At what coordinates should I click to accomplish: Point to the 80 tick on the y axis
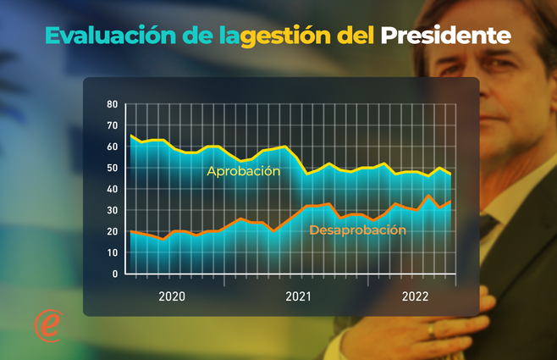click(112, 104)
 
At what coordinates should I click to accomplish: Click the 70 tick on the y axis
click(112, 125)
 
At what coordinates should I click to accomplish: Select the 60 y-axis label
click(112, 147)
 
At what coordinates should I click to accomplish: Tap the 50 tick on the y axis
click(112, 168)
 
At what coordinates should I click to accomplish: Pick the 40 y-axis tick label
click(112, 189)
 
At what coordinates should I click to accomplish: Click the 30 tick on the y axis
click(112, 210)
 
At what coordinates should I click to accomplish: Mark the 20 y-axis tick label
click(112, 231)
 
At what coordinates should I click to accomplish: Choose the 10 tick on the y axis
click(112, 252)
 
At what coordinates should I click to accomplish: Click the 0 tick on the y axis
click(114, 274)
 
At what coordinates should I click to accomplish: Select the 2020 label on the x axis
click(172, 296)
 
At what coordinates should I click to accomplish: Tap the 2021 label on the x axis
click(298, 296)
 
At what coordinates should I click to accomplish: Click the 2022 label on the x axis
click(415, 296)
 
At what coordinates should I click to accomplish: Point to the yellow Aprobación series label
click(243, 171)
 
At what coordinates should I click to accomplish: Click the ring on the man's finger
click(432, 329)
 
